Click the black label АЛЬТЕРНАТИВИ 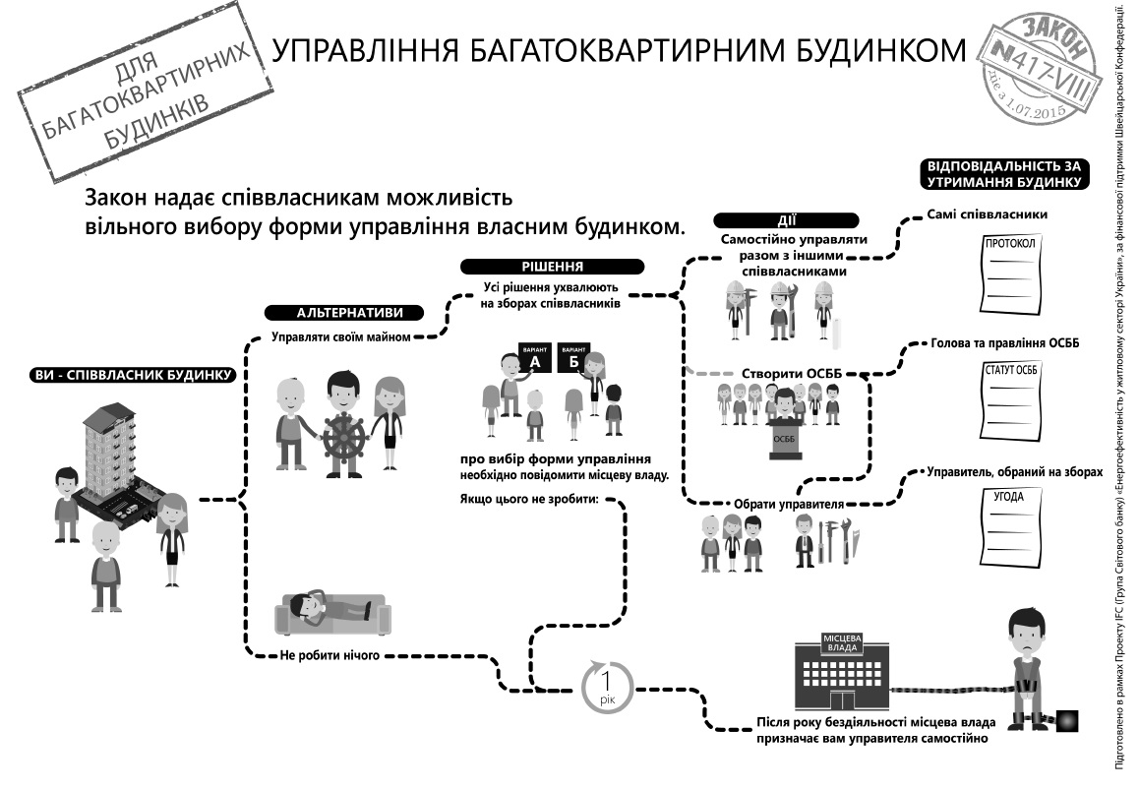pos(345,313)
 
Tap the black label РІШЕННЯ pos(552,267)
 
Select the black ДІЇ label pos(786,220)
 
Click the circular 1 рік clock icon pos(608,685)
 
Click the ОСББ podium pos(785,441)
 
